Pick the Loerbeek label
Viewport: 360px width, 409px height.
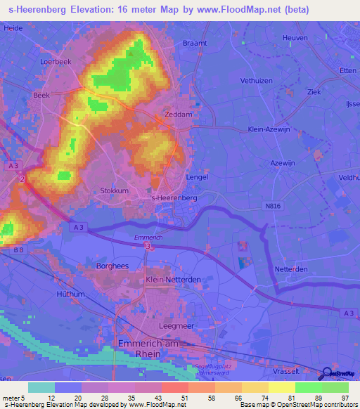pos(56,61)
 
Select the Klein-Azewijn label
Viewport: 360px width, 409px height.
pos(269,129)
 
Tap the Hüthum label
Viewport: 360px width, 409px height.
pos(70,294)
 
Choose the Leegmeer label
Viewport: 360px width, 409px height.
pos(157,326)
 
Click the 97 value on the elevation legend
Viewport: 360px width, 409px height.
pos(345,398)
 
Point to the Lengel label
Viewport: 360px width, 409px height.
pos(197,178)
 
